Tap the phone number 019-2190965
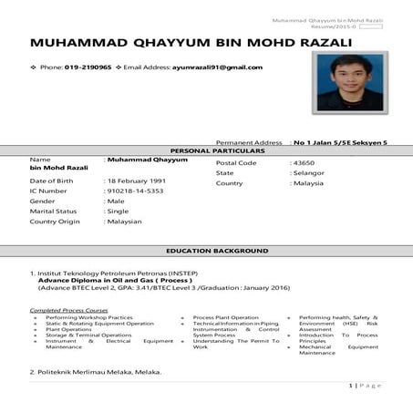(x=89, y=67)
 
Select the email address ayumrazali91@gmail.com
(x=217, y=67)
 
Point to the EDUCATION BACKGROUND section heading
(x=217, y=251)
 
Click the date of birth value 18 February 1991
(x=139, y=181)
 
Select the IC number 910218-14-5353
(x=136, y=191)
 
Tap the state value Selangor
(x=307, y=172)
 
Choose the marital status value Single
(x=119, y=211)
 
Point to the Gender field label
(x=42, y=201)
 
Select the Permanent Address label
(x=249, y=143)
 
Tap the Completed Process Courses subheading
(x=70, y=310)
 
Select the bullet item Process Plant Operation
(x=226, y=317)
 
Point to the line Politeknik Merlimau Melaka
(x=98, y=372)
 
